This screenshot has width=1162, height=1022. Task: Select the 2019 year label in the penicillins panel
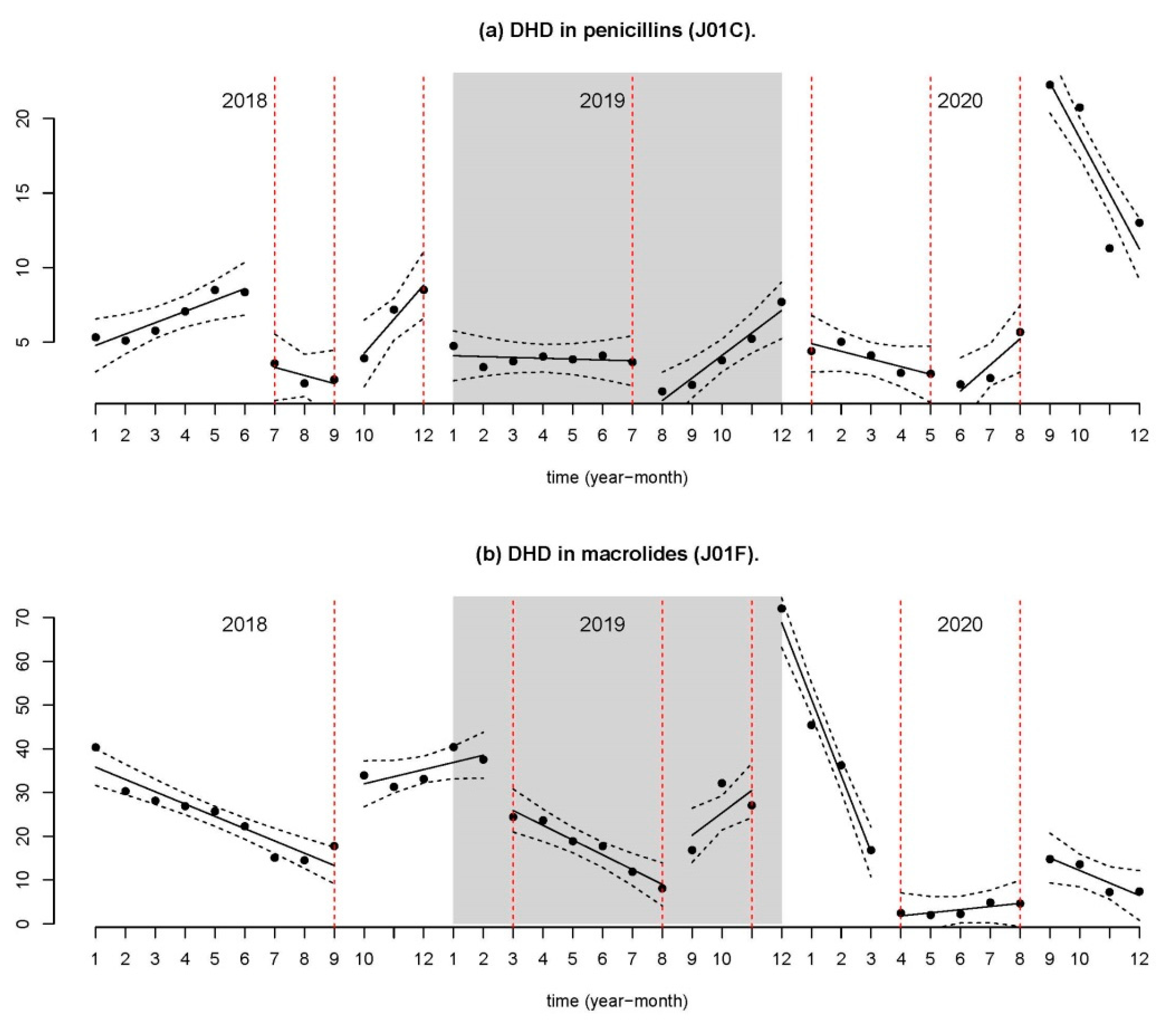point(602,101)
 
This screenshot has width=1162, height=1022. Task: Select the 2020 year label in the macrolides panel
point(960,625)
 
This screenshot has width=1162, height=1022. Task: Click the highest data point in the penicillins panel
point(1050,85)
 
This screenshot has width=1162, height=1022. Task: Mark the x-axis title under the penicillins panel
point(617,478)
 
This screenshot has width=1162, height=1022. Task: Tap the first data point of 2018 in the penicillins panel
point(95,337)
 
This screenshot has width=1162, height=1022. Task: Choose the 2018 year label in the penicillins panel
point(244,101)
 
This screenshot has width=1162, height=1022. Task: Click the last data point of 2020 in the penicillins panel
point(1139,223)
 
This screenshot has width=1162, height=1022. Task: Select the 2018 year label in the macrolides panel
point(244,625)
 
